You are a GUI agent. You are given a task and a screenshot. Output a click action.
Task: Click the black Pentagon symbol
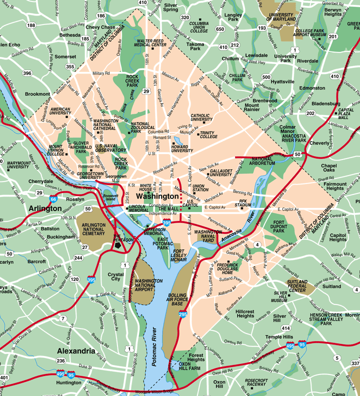coord(118,245)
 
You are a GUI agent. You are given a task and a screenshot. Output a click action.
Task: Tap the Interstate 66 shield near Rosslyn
coord(53,199)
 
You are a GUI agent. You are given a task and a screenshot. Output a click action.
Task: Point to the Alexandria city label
coord(76,351)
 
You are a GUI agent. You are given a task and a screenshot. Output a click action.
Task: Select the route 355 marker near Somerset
coord(70,66)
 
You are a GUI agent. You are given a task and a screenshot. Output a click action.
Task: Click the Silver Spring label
coord(171,6)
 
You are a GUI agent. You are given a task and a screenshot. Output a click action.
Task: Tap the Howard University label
coord(182,148)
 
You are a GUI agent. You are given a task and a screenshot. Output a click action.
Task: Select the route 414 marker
coord(285,328)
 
